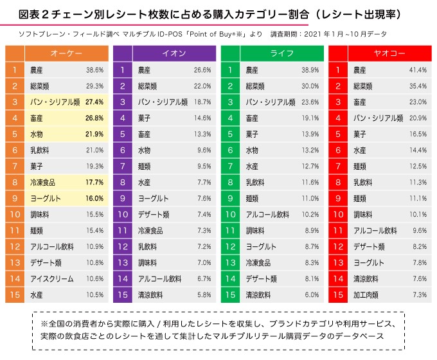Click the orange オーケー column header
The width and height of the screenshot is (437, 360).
coord(66,53)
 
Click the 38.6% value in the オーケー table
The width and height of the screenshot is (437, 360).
coord(94,69)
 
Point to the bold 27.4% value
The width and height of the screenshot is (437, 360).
coord(94,102)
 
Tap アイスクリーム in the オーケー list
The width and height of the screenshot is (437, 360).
coord(52,278)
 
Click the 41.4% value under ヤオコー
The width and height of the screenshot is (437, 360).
coord(418,69)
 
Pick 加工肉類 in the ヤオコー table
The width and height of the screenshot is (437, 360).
coord(367,294)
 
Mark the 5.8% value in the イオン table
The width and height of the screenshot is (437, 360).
coord(203,294)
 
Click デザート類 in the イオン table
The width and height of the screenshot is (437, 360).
coord(154,214)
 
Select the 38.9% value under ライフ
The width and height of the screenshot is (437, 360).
coord(310,69)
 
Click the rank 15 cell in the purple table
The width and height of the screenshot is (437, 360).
coord(122,294)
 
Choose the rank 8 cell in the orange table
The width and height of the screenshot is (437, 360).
coord(14,182)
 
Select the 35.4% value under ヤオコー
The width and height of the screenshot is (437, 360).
coord(418,85)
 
